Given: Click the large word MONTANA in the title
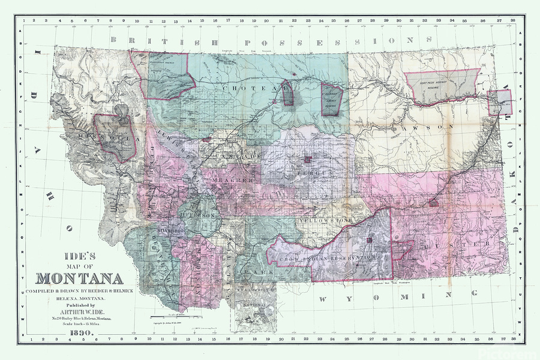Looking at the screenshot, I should (x=79, y=278).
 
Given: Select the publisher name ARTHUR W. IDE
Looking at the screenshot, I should (x=79, y=311).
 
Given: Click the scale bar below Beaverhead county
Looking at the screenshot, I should (x=167, y=316).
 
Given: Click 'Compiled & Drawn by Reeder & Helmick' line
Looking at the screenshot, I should (x=79, y=290).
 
